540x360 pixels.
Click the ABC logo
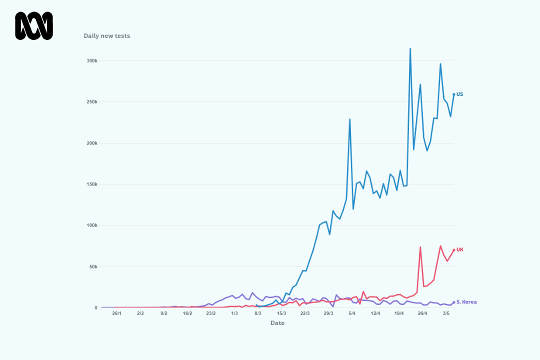tap(34, 26)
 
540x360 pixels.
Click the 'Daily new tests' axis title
tap(107, 36)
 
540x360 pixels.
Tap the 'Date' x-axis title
tap(277, 323)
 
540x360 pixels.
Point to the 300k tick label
tap(92, 60)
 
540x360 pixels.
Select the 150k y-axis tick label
tap(92, 184)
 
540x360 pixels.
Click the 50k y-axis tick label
tap(93, 266)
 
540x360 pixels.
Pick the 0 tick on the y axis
tap(96, 307)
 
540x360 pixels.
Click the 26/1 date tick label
tap(116, 313)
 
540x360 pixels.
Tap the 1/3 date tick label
tap(234, 313)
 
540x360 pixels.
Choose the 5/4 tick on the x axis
tap(352, 313)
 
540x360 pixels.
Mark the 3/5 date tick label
tap(446, 313)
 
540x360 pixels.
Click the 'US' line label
tap(460, 94)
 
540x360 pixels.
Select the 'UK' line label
tap(460, 250)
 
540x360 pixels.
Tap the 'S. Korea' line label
tap(466, 302)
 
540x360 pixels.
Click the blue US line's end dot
tap(454, 94)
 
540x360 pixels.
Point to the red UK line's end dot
tap(454, 250)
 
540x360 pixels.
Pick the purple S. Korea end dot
tap(454, 302)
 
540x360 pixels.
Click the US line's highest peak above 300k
tap(410, 48)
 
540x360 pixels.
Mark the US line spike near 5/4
tap(350, 119)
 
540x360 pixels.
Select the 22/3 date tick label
tap(305, 313)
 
